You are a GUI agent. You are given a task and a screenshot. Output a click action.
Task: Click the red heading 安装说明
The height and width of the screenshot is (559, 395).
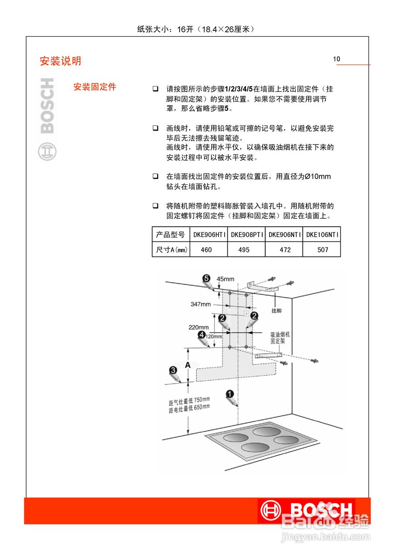tap(60, 61)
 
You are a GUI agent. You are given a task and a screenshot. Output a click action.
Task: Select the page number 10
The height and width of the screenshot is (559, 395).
tap(336, 59)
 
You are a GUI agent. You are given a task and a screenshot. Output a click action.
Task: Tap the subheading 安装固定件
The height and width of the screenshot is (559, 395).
tap(95, 87)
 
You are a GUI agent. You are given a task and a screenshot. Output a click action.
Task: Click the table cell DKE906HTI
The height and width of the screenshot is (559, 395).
tap(208, 235)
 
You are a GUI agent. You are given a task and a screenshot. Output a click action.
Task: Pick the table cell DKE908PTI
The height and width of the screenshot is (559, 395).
tap(246, 235)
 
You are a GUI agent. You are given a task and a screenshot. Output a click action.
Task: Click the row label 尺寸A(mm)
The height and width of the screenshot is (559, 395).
tap(171, 250)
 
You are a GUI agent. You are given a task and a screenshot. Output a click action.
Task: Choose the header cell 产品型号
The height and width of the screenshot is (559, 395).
tap(170, 235)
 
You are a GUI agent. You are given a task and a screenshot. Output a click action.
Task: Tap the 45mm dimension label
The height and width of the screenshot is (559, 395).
tap(225, 279)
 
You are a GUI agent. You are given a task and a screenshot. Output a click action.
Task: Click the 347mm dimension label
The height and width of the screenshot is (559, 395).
tap(201, 304)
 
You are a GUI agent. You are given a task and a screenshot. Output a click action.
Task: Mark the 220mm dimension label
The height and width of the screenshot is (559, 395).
tap(198, 327)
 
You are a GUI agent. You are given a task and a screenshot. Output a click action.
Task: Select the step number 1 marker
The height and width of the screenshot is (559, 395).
tap(230, 393)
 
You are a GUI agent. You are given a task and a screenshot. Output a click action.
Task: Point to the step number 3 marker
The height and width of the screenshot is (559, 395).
tap(173, 370)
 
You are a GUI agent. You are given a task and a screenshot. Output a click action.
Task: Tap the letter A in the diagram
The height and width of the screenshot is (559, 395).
tap(187, 365)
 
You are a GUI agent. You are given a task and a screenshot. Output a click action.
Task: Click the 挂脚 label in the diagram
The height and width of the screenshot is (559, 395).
tap(277, 311)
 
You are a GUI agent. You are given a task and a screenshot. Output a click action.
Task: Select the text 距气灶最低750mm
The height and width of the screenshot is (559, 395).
tap(189, 401)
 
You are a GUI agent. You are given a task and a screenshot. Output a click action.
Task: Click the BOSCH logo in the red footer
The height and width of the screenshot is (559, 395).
tap(307, 510)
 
